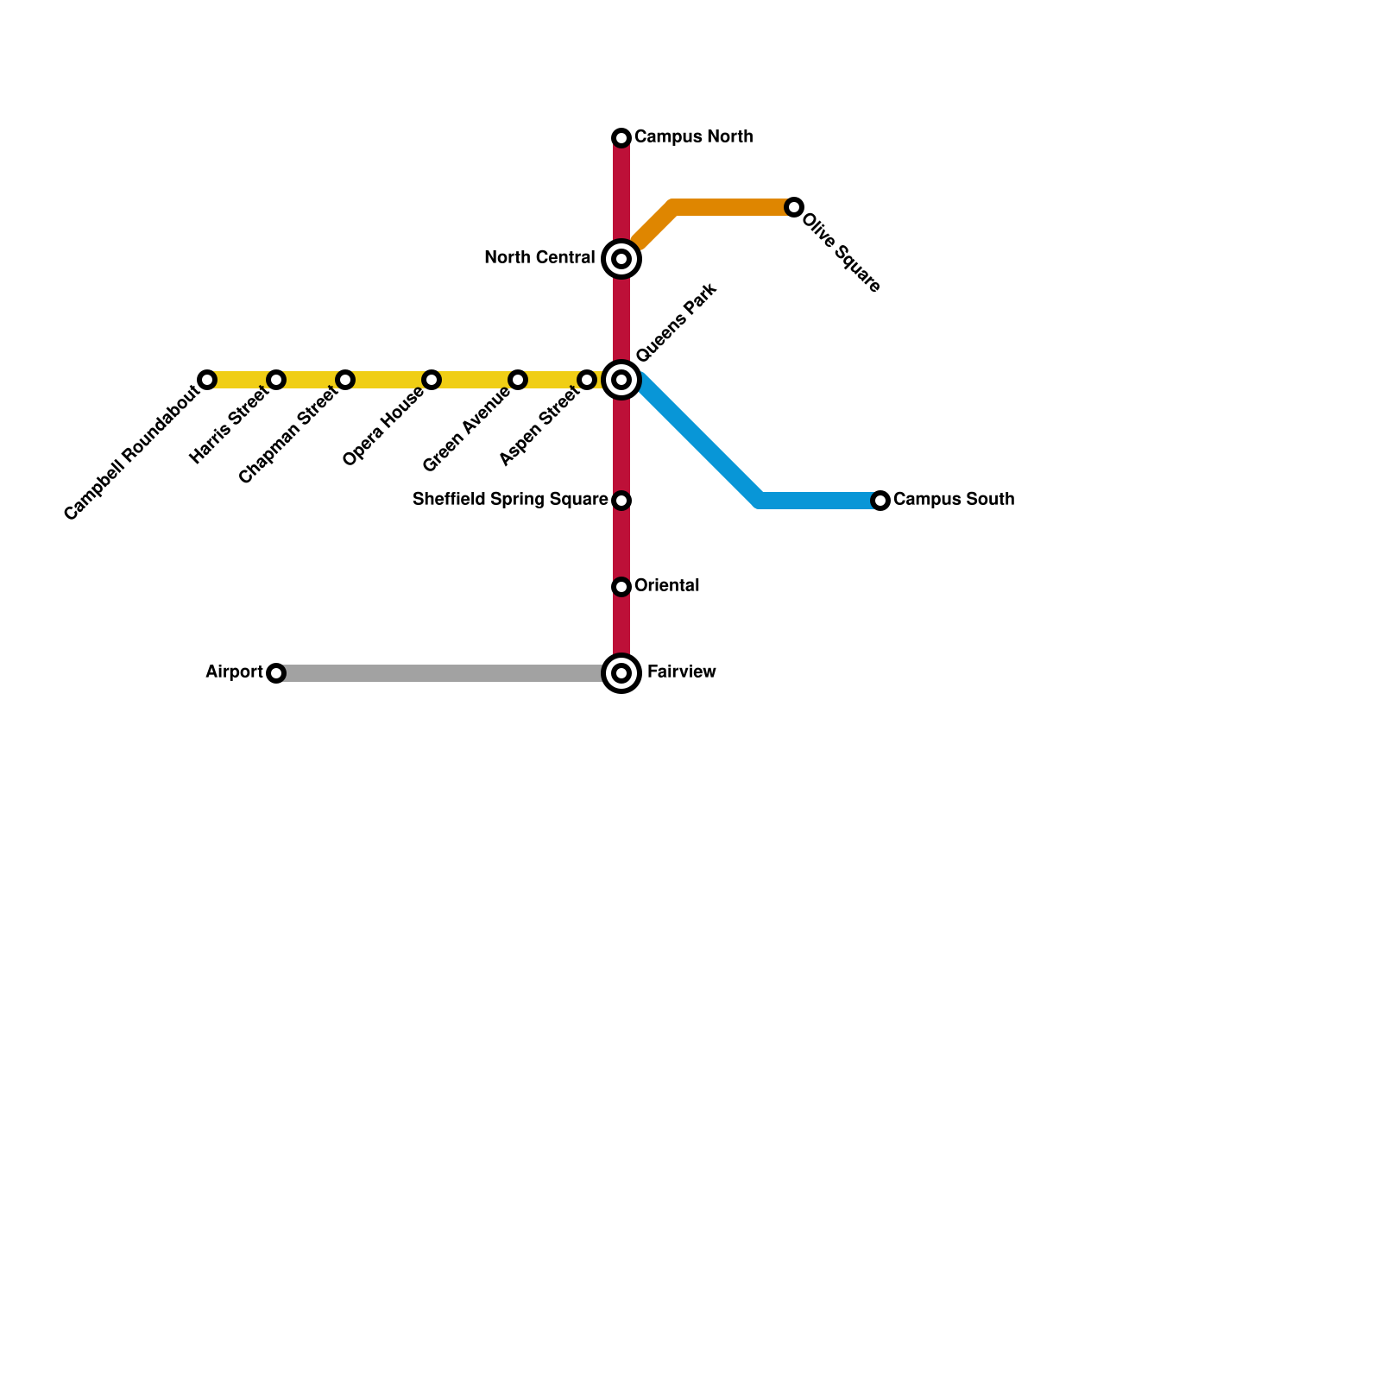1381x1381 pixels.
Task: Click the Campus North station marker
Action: point(621,138)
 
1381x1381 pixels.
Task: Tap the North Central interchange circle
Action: point(621,259)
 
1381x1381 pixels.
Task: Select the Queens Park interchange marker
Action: point(621,380)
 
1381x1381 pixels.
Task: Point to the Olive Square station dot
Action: point(794,207)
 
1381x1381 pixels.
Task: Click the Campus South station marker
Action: point(880,501)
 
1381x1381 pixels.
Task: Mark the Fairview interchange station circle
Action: point(621,673)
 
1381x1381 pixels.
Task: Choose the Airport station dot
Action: point(276,673)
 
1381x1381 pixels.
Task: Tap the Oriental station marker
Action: point(621,587)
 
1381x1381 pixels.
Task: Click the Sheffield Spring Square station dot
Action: point(621,501)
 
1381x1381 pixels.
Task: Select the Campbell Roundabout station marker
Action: point(207,380)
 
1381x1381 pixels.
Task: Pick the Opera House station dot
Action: point(432,380)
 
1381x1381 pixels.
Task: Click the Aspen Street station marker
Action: point(587,380)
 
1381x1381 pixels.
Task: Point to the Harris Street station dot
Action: point(276,380)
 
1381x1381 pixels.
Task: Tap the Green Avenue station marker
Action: point(518,380)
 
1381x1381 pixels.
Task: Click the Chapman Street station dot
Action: point(345,380)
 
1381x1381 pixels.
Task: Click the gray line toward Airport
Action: point(440,673)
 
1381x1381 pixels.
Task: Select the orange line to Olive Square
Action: point(734,207)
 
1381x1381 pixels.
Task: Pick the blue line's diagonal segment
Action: point(699,440)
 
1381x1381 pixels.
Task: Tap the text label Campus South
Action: point(954,500)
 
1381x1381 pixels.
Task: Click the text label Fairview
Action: point(681,672)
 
